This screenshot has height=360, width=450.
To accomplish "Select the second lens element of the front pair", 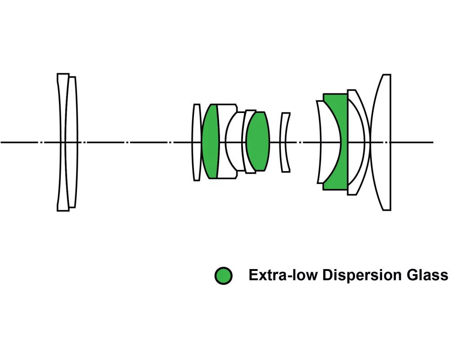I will click(x=72, y=112).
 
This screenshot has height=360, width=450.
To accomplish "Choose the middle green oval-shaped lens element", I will click(x=258, y=141).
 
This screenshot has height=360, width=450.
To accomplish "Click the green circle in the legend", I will click(x=224, y=275).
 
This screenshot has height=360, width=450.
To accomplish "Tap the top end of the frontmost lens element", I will click(x=63, y=74).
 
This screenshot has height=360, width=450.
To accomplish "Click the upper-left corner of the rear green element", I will click(x=324, y=94).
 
